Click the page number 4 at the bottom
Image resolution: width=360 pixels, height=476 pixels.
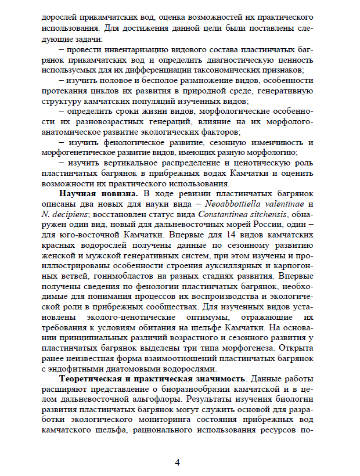pyautogui.click(x=178, y=462)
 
